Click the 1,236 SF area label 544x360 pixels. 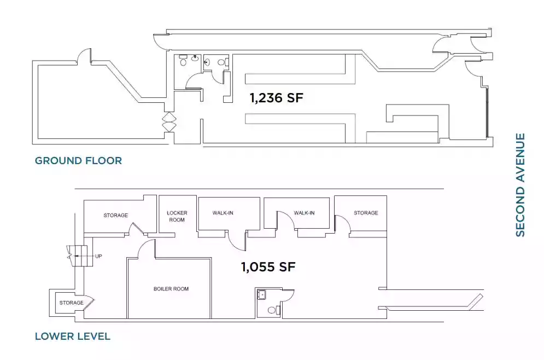[277, 98]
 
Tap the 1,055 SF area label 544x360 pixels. [268, 267]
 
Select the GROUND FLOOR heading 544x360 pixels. [78, 161]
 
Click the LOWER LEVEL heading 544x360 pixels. [73, 336]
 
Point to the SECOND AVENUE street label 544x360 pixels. [520, 185]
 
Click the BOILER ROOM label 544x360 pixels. [171, 289]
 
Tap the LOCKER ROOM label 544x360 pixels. [177, 216]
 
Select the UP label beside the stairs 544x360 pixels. [98, 257]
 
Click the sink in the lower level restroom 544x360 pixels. [261, 295]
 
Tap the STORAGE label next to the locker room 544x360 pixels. [115, 216]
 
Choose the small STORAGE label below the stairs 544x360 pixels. [72, 303]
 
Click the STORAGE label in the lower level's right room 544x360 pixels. [366, 213]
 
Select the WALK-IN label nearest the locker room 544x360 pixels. [223, 213]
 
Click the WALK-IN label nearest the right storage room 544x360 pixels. [304, 213]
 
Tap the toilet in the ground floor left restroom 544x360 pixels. [183, 62]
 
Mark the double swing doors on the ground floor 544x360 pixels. [169, 122]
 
